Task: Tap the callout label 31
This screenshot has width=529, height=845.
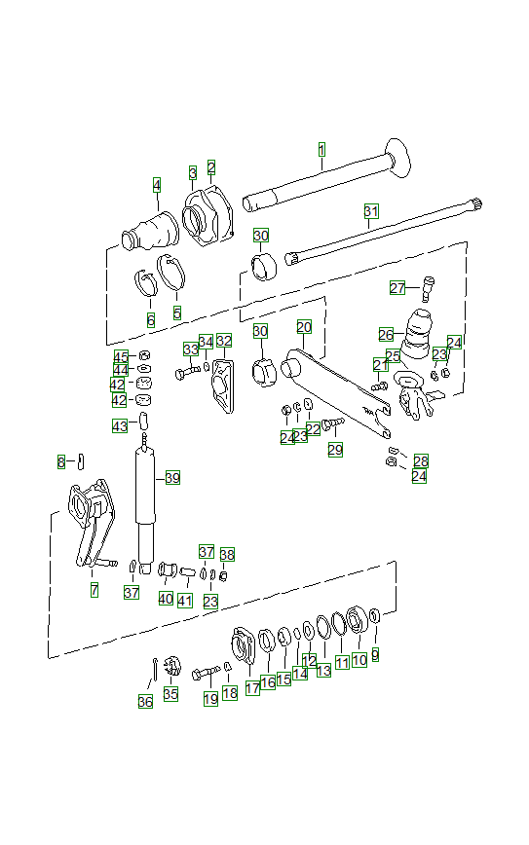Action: [x=370, y=211]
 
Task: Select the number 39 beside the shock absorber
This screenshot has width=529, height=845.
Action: [x=172, y=477]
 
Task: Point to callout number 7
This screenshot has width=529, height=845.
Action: [x=94, y=591]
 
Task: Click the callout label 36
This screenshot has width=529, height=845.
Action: [x=145, y=701]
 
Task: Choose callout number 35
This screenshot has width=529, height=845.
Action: [x=170, y=694]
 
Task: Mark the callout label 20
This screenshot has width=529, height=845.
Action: [x=304, y=327]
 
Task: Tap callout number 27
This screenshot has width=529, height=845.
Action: [x=397, y=288]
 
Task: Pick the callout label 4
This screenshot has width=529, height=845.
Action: [x=156, y=185]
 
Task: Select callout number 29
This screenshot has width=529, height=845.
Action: [x=335, y=450]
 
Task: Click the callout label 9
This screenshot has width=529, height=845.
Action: [x=375, y=655]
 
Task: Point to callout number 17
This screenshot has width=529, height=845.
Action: [x=252, y=688]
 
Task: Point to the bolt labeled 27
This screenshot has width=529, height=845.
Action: [x=430, y=286]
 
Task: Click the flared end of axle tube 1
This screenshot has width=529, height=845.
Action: [x=398, y=159]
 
